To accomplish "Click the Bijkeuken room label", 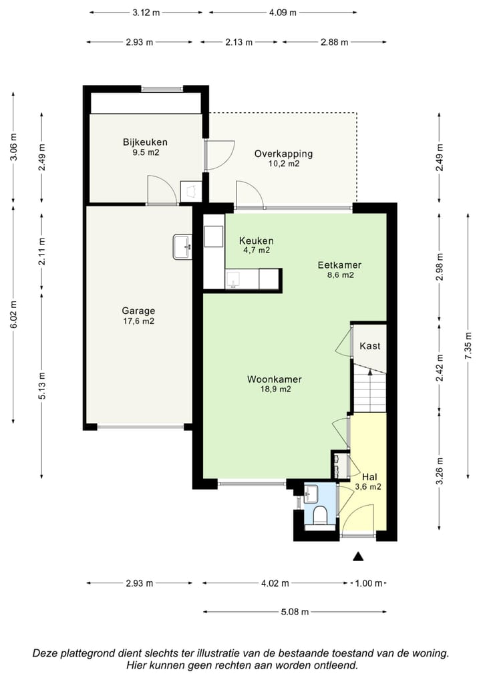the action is click(145, 142).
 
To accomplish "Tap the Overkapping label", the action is click(283, 154).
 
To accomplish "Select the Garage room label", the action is click(138, 311).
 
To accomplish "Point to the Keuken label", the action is click(257, 240).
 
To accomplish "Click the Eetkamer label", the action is click(339, 265).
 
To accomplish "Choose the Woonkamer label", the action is click(275, 379).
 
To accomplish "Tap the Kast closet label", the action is click(370, 346).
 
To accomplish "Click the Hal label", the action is click(369, 477).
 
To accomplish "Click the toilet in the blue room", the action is click(320, 515).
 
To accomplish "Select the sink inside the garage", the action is click(182, 247).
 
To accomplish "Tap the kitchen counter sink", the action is click(233, 280).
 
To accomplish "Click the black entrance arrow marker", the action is click(358, 556).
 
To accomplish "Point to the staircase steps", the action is click(370, 389).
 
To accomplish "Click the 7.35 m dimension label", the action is click(468, 345).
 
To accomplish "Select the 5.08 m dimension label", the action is click(295, 612).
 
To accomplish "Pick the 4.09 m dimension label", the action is click(283, 13).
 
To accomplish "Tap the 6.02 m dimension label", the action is click(13, 315).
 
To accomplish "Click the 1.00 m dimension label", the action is click(369, 583).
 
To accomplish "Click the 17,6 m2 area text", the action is click(139, 321).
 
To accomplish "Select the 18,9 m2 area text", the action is click(275, 389).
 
